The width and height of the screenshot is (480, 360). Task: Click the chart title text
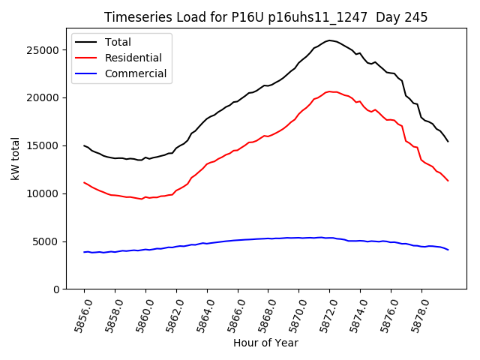coord(265,17)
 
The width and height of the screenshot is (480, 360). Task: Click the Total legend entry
coord(118,41)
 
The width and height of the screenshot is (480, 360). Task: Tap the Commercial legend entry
coord(135,73)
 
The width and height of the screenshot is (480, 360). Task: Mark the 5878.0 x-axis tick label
coord(417,314)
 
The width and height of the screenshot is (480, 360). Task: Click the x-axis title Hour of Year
coord(265,343)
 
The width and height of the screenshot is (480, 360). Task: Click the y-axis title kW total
coord(15,159)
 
